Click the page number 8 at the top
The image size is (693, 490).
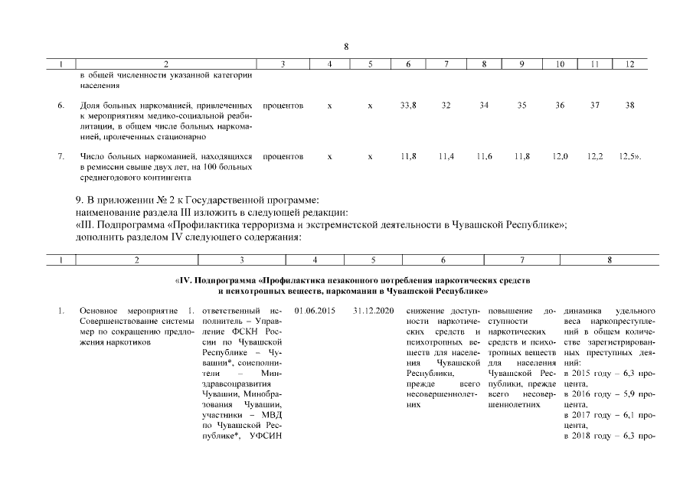point(346,46)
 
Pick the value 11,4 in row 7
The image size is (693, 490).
point(446,156)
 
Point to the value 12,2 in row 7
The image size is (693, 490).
point(595,156)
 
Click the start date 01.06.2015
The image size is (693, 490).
point(309,312)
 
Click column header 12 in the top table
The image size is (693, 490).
point(630,64)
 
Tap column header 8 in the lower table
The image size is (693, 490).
point(610,260)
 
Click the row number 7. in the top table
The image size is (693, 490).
point(60,156)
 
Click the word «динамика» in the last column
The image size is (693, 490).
point(581,312)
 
